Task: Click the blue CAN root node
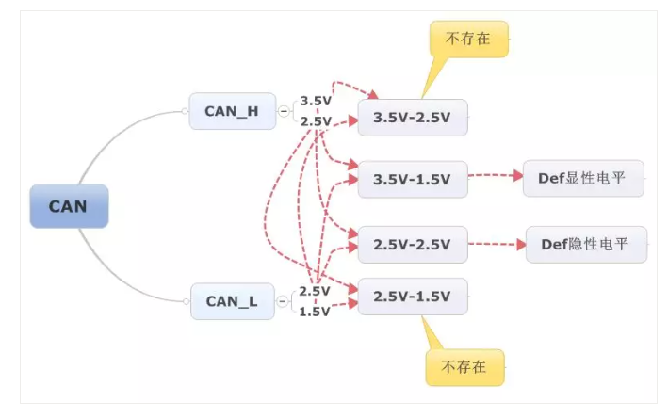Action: coord(69,206)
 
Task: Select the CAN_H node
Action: coord(231,111)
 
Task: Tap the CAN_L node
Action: coord(232,301)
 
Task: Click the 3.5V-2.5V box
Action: coord(412,118)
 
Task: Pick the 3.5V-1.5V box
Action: coord(412,178)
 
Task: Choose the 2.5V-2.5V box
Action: coord(412,245)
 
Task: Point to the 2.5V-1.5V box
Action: coord(412,296)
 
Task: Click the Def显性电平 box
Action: coord(583,177)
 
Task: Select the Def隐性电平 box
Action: coord(586,244)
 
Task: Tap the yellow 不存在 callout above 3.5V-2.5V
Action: coord(468,40)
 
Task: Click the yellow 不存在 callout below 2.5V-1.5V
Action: coord(464,366)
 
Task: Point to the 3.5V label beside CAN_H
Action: coord(316,100)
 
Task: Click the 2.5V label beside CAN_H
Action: coord(316,120)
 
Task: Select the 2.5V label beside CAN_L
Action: coord(315,291)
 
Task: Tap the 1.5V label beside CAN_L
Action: coord(315,312)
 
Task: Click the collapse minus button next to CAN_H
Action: coord(283,111)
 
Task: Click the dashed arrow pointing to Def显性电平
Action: coord(495,176)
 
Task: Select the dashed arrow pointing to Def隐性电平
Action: coord(496,245)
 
